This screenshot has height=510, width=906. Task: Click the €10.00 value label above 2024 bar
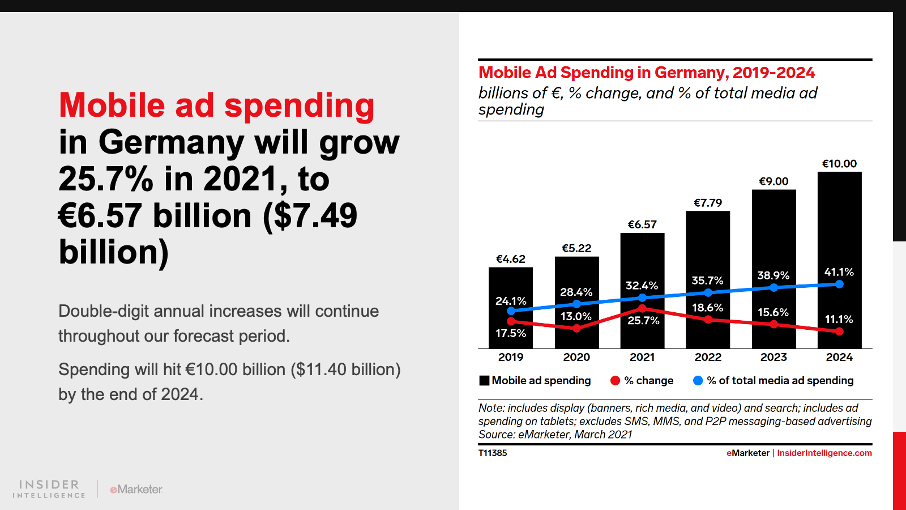point(839,164)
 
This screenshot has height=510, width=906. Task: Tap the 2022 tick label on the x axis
point(708,357)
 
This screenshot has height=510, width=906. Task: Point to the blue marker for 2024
point(839,284)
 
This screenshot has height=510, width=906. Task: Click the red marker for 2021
point(642,309)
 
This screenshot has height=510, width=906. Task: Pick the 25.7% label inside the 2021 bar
point(643,321)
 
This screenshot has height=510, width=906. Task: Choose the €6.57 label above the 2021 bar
point(642,224)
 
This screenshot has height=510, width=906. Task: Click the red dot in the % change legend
point(616,381)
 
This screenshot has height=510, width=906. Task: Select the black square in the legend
point(484,381)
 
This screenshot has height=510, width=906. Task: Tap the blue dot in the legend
point(698,381)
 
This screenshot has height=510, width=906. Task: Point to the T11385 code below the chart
point(493,453)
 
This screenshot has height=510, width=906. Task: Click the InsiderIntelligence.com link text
point(824,453)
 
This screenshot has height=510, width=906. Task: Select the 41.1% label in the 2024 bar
point(839,272)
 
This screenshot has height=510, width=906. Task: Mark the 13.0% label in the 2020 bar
point(576,316)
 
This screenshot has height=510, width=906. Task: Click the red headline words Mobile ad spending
point(216,105)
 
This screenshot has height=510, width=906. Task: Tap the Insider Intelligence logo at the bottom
point(49,488)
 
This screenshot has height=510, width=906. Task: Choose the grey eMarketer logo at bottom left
point(136,490)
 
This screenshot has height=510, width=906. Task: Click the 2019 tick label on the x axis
point(511,357)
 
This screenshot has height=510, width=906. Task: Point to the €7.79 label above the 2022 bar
point(708,203)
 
